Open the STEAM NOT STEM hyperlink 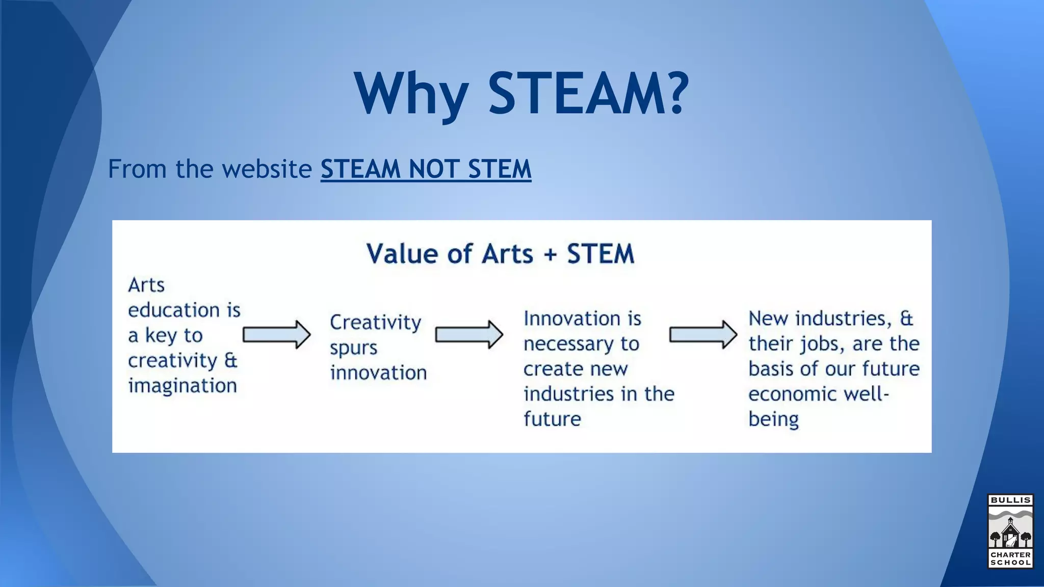(426, 169)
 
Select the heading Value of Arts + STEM (500, 254)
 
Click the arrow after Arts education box (276, 335)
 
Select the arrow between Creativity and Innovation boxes (469, 335)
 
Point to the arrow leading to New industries (703, 335)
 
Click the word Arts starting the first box (146, 285)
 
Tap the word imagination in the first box (182, 386)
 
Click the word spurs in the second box (353, 348)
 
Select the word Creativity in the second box (375, 323)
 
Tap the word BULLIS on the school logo (1010, 500)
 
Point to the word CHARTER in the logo (1010, 554)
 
